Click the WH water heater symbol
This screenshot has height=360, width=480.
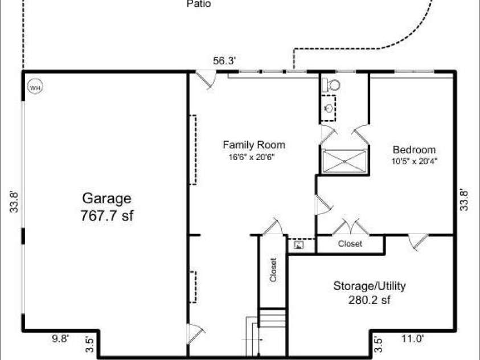coord(35,88)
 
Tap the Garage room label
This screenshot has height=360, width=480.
coord(107,199)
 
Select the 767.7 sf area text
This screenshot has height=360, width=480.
coord(107,215)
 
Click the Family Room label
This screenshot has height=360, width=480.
coord(254,145)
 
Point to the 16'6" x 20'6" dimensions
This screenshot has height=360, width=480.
coord(252,157)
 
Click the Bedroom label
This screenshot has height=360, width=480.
coord(414,150)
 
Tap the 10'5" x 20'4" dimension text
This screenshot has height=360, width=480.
coord(415,161)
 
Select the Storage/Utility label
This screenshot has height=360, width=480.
coord(370,286)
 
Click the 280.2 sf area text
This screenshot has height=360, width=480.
coord(369,300)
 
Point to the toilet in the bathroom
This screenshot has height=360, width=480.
coord(331,85)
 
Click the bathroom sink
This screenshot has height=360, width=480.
coord(329,108)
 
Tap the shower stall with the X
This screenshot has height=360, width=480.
coord(344,161)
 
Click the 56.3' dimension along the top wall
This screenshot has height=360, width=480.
coord(224,60)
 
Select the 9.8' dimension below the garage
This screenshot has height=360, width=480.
coord(60,338)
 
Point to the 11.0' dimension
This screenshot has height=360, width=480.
coord(413,339)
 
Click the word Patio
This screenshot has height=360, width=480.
coord(199,4)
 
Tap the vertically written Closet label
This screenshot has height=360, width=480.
coord(273,269)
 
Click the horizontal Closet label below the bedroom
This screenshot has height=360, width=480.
coord(350,244)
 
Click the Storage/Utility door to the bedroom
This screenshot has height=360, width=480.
coord(419,242)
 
